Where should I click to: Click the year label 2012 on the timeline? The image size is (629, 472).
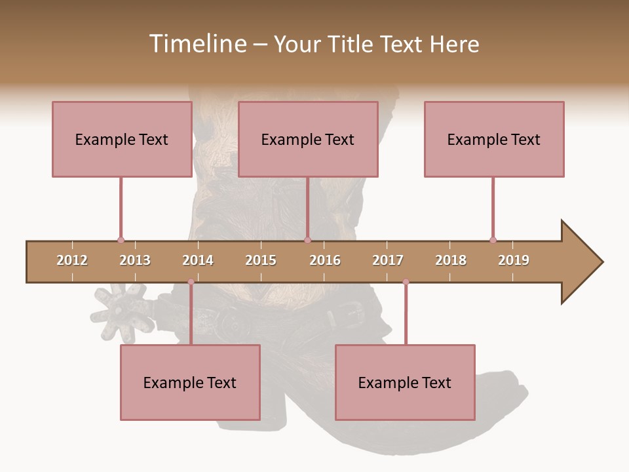[x=72, y=260]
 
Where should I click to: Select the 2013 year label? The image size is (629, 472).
[x=135, y=260]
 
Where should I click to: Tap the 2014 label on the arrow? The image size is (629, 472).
[x=198, y=260]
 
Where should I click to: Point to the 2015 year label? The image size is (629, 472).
[x=261, y=260]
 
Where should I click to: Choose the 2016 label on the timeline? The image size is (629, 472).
[x=325, y=260]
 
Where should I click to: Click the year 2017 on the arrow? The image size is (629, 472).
[x=388, y=260]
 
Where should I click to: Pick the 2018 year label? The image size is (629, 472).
[x=451, y=260]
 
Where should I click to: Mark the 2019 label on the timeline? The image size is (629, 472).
[x=514, y=260]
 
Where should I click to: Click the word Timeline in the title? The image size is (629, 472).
[x=196, y=44]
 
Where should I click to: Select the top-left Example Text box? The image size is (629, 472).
[x=122, y=139]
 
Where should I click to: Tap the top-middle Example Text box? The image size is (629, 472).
[x=308, y=139]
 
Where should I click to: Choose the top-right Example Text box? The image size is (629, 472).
[x=494, y=139]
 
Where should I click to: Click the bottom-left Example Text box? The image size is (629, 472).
[x=190, y=382]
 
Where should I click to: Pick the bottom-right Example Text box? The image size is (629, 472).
[x=405, y=382]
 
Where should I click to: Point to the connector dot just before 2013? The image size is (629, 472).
[x=121, y=241]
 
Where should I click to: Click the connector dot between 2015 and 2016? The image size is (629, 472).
[x=307, y=241]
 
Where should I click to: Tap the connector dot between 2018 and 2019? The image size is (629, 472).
[x=493, y=240]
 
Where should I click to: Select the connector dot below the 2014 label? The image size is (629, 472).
[x=191, y=282]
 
